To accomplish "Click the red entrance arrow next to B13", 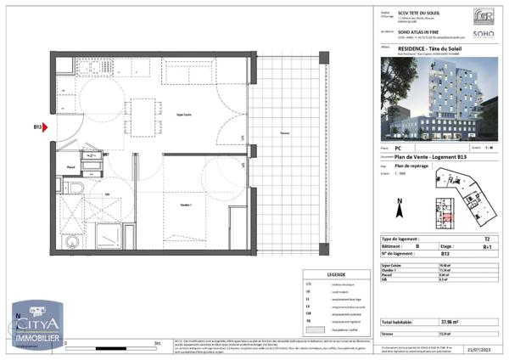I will (48, 128).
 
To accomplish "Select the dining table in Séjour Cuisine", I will (143, 109).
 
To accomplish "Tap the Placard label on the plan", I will (72, 168).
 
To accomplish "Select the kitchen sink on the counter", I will (66, 85).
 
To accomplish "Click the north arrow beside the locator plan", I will (399, 204).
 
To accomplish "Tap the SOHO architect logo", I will (484, 35).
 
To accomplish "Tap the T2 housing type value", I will (486, 240).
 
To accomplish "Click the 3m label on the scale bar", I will (156, 344).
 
